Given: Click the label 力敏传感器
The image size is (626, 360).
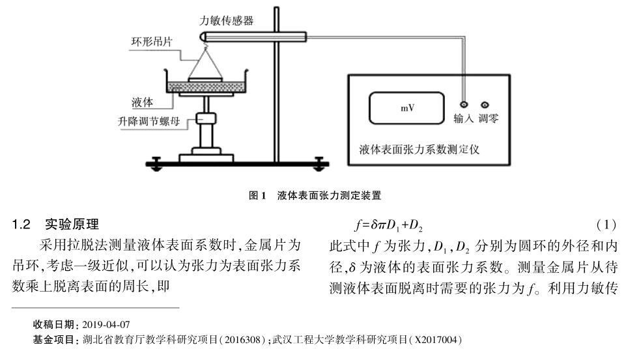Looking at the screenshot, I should [226, 20].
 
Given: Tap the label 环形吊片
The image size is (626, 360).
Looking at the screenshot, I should [150, 45].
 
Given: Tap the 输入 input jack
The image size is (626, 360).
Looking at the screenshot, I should [464, 105].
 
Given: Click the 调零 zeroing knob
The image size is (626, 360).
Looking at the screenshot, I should [484, 105].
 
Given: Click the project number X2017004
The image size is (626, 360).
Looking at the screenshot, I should [439, 339].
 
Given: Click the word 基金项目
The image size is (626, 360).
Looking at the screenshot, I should [54, 339].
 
